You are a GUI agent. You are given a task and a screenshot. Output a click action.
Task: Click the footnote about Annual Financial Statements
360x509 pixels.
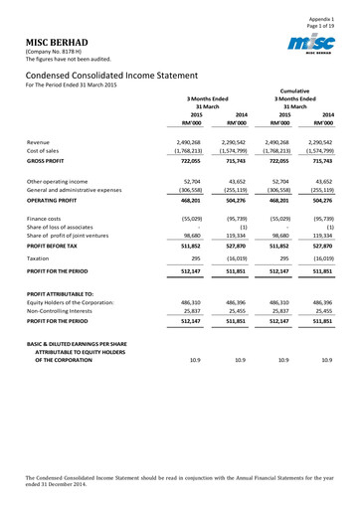pos(180,483)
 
